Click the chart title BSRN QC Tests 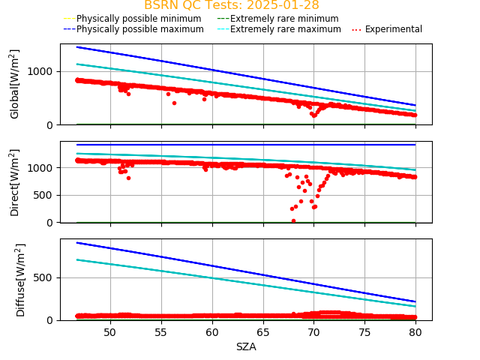(231, 5)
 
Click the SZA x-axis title (246, 346)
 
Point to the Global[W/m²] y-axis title (15, 84)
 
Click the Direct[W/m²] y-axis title (15, 182)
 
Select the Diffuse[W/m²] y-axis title (21, 280)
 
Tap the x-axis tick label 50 (110, 331)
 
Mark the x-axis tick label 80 (415, 331)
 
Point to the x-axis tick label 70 (314, 331)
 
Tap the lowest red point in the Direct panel (293, 220)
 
